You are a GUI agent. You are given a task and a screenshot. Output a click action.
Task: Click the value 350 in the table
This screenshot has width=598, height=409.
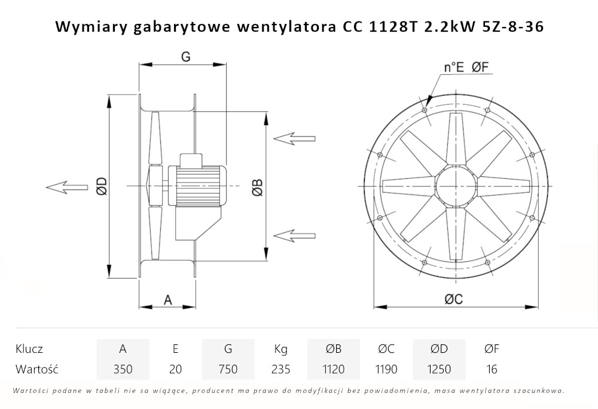pyautogui.click(x=123, y=369)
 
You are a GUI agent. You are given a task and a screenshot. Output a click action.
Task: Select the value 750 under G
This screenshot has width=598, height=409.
pyautogui.click(x=228, y=369)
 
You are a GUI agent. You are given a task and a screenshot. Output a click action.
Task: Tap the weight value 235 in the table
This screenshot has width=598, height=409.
pyautogui.click(x=280, y=369)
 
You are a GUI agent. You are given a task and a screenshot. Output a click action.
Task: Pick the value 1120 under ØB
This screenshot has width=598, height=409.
pyautogui.click(x=333, y=369)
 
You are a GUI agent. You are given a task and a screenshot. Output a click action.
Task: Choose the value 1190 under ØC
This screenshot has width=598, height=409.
pyautogui.click(x=386, y=369)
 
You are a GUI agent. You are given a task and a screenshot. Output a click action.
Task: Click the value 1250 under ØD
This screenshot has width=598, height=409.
pyautogui.click(x=439, y=369)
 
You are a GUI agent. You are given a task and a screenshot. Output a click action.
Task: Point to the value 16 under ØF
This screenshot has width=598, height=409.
pyautogui.click(x=492, y=369)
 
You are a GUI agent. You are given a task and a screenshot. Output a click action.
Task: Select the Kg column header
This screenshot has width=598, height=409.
pyautogui.click(x=280, y=349)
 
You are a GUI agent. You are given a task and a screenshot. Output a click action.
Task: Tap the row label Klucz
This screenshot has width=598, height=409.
pyautogui.click(x=29, y=349)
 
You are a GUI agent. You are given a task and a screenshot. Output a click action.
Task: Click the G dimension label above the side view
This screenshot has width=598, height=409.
pyautogui.click(x=185, y=57)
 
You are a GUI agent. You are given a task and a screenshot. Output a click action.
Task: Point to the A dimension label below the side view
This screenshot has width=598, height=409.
pyautogui.click(x=168, y=300)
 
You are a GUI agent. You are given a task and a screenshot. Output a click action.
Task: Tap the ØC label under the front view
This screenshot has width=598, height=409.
pyautogui.click(x=454, y=300)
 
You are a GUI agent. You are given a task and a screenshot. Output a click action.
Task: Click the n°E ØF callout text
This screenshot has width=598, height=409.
pyautogui.click(x=467, y=68)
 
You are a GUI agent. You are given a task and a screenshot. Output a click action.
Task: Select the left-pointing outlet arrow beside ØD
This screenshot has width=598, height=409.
pyautogui.click(x=66, y=187)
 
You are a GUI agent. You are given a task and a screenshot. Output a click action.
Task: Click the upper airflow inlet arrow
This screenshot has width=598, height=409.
pyautogui.click(x=294, y=139)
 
